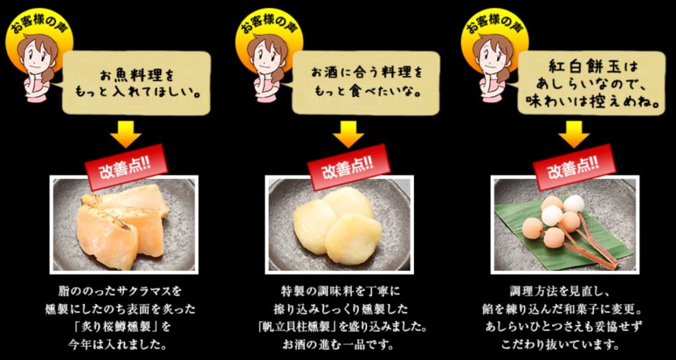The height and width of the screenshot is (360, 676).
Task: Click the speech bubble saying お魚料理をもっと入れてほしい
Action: (137, 83)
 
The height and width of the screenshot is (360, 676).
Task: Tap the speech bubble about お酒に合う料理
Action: (366, 83)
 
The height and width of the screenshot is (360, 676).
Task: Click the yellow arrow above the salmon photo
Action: (125, 134)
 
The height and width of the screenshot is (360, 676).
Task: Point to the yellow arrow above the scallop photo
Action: (348, 134)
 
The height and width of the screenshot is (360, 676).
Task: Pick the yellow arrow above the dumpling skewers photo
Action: (574, 134)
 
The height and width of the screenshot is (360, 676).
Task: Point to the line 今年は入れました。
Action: (124, 345)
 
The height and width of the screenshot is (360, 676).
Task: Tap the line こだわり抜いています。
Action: (560, 345)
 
